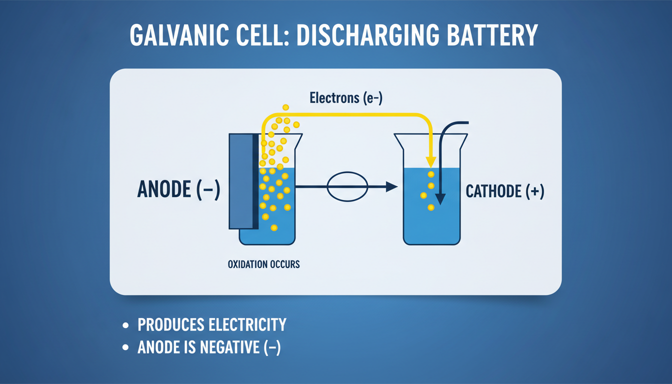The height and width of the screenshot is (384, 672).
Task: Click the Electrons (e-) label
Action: point(346,98)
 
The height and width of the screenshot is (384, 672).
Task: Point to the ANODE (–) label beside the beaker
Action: point(178,190)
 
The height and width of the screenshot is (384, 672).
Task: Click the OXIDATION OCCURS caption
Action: point(263,264)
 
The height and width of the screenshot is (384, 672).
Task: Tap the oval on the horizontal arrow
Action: point(347,187)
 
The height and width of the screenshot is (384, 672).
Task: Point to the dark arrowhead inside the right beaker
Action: point(440,199)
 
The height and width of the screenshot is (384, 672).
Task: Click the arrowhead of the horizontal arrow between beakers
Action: point(391,187)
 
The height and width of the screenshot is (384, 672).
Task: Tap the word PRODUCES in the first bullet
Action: point(168,325)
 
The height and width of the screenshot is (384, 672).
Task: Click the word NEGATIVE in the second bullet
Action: point(228,347)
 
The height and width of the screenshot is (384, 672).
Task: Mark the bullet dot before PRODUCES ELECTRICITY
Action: point(126,325)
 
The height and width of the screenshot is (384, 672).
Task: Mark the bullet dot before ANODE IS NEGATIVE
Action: point(126,347)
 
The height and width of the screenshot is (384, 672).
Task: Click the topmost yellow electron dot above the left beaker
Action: point(285,107)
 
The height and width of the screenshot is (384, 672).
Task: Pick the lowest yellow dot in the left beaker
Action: point(274,228)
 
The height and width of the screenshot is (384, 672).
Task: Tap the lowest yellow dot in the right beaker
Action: point(430,207)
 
